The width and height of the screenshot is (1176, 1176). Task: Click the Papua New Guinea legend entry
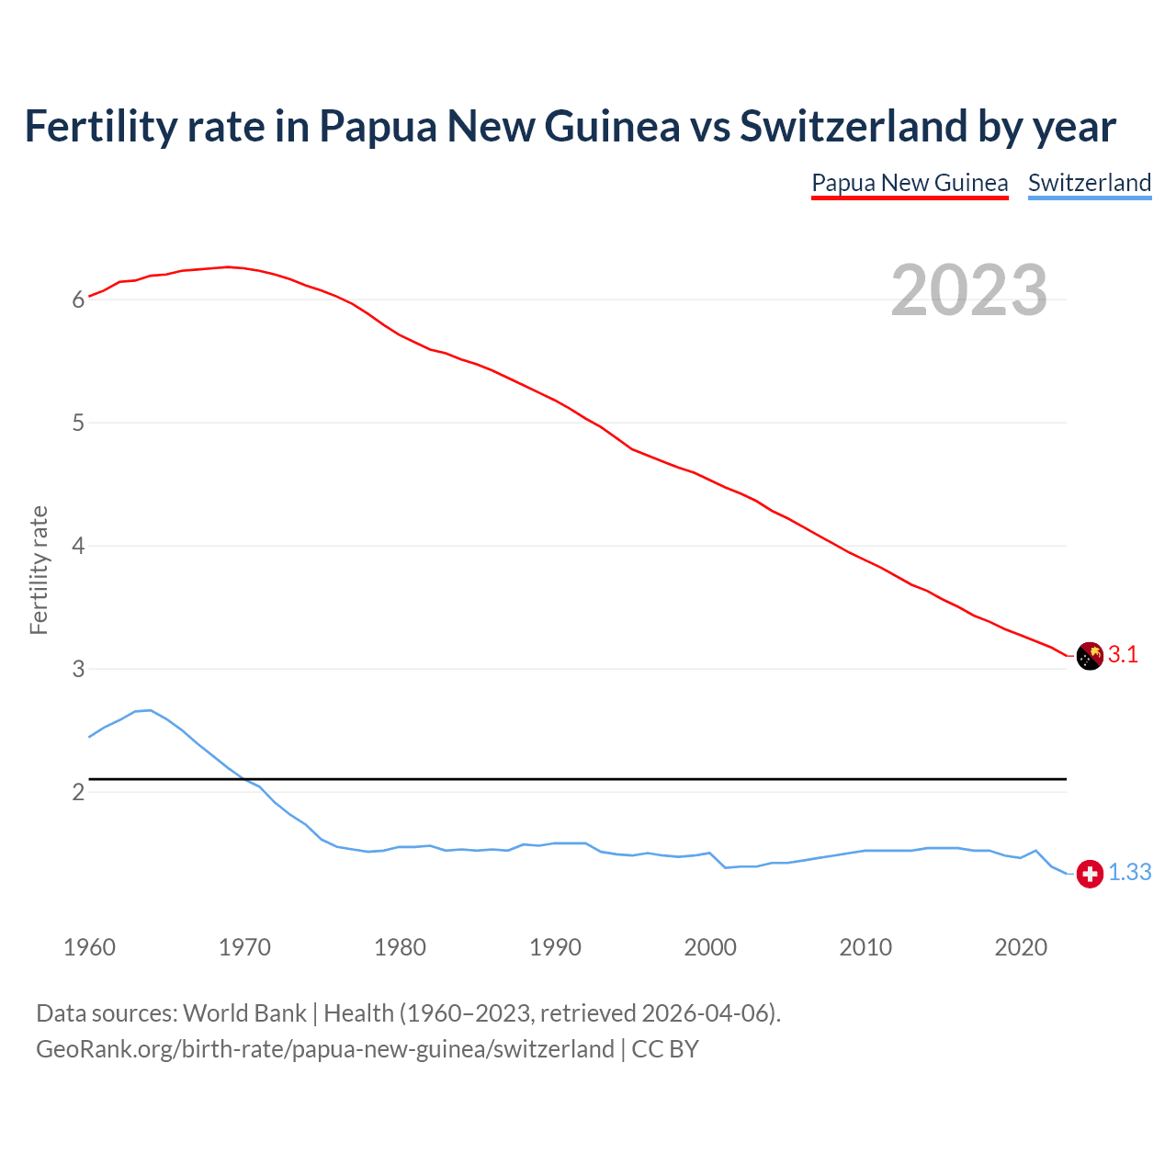tap(910, 183)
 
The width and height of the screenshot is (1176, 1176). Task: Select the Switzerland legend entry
tap(1089, 183)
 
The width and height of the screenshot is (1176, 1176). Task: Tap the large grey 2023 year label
tap(968, 290)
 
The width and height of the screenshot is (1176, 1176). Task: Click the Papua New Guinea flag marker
tap(1089, 656)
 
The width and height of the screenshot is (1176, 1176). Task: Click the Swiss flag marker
tap(1089, 874)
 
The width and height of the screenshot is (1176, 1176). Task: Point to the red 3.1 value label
tap(1123, 655)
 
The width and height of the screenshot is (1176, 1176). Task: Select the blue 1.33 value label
tap(1129, 873)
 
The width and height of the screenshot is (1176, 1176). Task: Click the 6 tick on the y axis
tap(78, 300)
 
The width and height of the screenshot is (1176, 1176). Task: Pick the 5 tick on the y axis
tap(78, 424)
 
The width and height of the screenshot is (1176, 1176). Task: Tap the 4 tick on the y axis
tap(78, 547)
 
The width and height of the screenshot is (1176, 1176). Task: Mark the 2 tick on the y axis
tap(78, 792)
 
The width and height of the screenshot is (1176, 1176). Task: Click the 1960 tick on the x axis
tap(89, 947)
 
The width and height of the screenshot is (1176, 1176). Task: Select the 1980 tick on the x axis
tap(400, 947)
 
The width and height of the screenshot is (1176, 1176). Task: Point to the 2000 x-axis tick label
tap(710, 947)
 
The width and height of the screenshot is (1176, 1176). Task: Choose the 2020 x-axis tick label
tap(1021, 947)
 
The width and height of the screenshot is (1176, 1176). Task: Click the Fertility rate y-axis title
tap(39, 570)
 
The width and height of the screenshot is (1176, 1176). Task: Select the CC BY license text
tap(665, 1049)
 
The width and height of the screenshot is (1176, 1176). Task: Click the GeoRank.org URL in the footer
tap(324, 1049)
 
